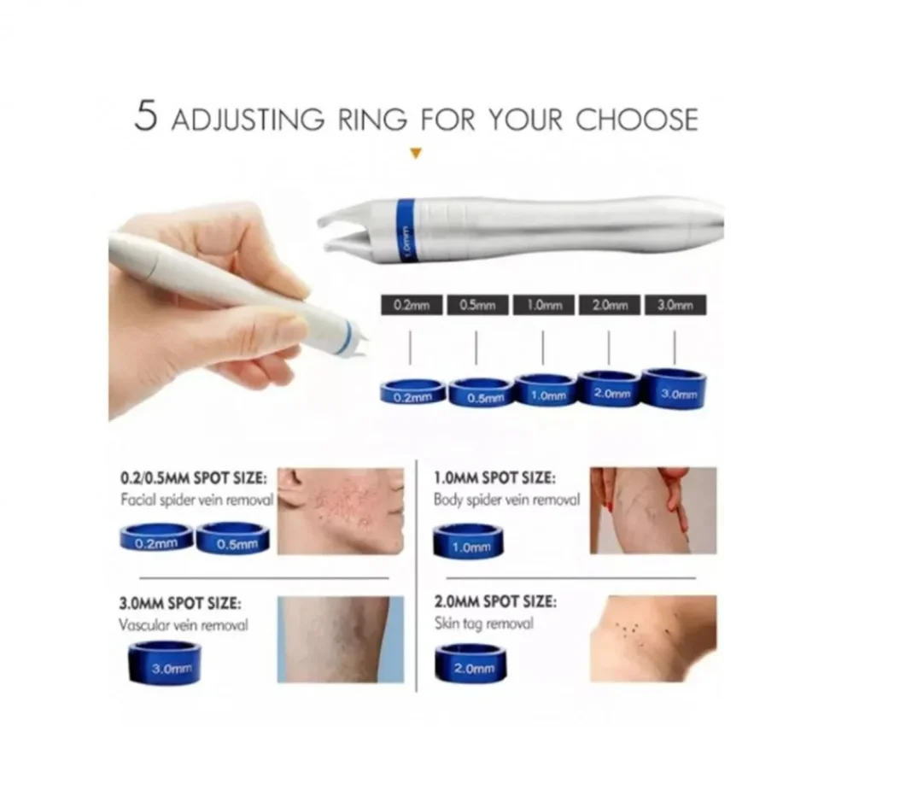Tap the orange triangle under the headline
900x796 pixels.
417,153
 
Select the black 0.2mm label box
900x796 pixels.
412,305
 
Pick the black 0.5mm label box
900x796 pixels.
477,305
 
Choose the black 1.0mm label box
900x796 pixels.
544,305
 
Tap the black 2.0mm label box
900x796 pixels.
610,305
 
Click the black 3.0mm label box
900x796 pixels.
675,305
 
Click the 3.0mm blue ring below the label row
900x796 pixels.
675,389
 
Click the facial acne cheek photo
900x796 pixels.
341,512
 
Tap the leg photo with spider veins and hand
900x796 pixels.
653,511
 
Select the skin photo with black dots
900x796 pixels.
653,639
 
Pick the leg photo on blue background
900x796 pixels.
341,640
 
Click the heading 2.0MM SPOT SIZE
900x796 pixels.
495,602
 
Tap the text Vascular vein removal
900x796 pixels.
184,625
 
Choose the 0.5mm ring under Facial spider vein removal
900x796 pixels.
233,538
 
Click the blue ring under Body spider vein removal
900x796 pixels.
469,541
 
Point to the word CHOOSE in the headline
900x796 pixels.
636,120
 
